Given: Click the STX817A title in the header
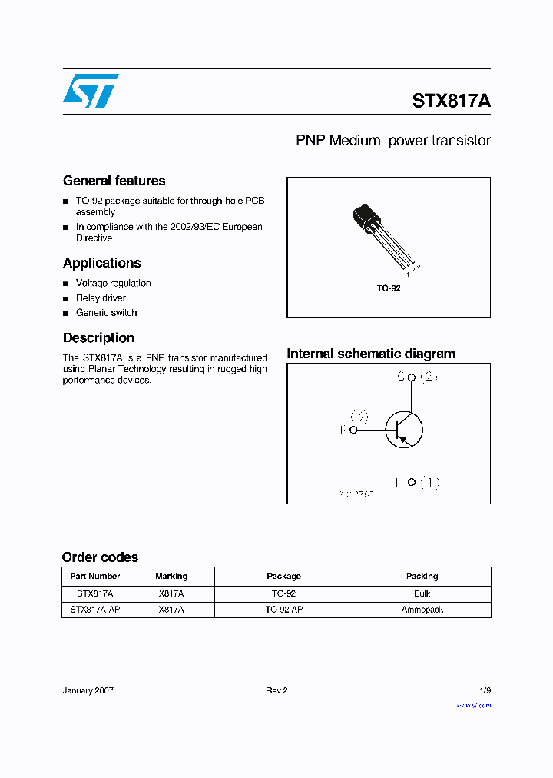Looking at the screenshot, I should click(x=451, y=101).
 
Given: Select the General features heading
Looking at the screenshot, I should click(x=114, y=181).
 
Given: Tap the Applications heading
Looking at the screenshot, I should click(x=101, y=263).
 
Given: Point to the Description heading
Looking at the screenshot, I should click(x=98, y=337).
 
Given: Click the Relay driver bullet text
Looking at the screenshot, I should click(x=101, y=298).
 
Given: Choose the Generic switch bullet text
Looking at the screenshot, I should click(x=106, y=313).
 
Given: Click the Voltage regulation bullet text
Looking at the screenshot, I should click(x=113, y=283).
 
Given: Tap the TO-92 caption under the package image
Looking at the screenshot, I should click(x=388, y=288).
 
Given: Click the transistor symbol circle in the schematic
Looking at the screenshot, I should click(x=403, y=430).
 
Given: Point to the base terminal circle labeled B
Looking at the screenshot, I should click(x=353, y=430).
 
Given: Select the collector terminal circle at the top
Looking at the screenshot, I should click(x=412, y=377).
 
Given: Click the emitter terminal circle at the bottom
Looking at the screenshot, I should click(x=412, y=482).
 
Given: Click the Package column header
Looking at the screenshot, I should click(x=283, y=576).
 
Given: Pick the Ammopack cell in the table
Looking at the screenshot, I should click(x=422, y=610).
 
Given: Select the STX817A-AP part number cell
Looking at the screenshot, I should click(x=95, y=610).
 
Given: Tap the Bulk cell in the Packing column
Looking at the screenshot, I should click(x=422, y=593).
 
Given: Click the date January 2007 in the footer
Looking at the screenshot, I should click(x=88, y=690).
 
